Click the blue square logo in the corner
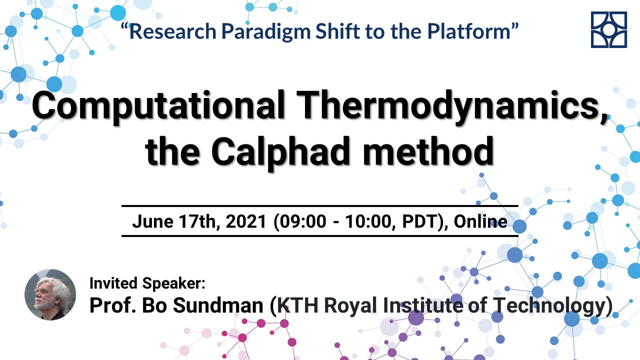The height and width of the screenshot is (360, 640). pyautogui.click(x=609, y=29)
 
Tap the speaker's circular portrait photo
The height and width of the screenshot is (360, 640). pyautogui.click(x=50, y=294)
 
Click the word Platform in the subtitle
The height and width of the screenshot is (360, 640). pyautogui.click(x=469, y=31)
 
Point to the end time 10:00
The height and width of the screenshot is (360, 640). pyautogui.click(x=368, y=221)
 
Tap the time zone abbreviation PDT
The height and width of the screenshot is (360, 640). pyautogui.click(x=419, y=221)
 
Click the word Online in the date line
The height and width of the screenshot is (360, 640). pyautogui.click(x=480, y=221)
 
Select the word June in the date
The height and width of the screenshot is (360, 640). pyautogui.click(x=152, y=221)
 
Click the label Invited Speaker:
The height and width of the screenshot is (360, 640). pyautogui.click(x=147, y=283)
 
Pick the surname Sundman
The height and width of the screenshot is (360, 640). pyautogui.click(x=218, y=305)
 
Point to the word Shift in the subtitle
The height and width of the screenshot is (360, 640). pyautogui.click(x=337, y=31)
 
